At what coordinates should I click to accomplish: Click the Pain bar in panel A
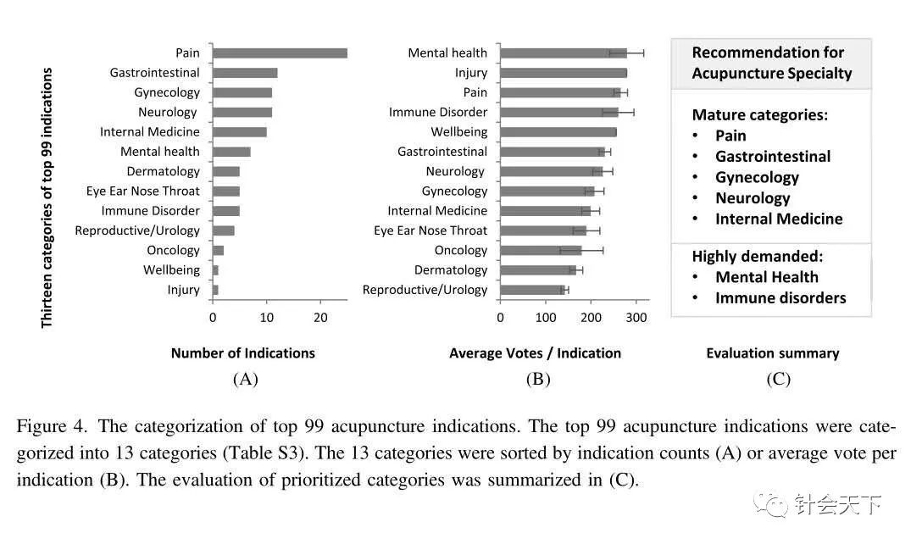coord(280,53)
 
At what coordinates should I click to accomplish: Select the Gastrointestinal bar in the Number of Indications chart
coord(245,73)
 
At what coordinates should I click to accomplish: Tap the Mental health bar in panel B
coord(564,53)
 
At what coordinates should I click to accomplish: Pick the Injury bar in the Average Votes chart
coord(564,73)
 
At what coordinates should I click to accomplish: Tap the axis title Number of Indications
coord(242,353)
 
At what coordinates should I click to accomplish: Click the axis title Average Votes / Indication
coord(535,353)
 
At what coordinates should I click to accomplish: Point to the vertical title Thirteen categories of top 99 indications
coord(47,197)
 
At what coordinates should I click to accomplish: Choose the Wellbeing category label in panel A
coord(172,270)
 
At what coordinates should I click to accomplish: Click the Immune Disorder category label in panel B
coord(438,112)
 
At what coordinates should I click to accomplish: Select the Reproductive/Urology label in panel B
coord(425,290)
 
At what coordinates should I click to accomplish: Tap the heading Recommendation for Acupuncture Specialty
coord(771,63)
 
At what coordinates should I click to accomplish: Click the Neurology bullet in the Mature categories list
coord(753,198)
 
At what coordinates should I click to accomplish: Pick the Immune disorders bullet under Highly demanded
coord(780,297)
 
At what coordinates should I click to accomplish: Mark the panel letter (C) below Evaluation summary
coord(777,380)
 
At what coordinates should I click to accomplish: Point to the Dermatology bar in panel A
coord(226,171)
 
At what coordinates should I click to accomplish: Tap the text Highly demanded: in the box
coord(758,256)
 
